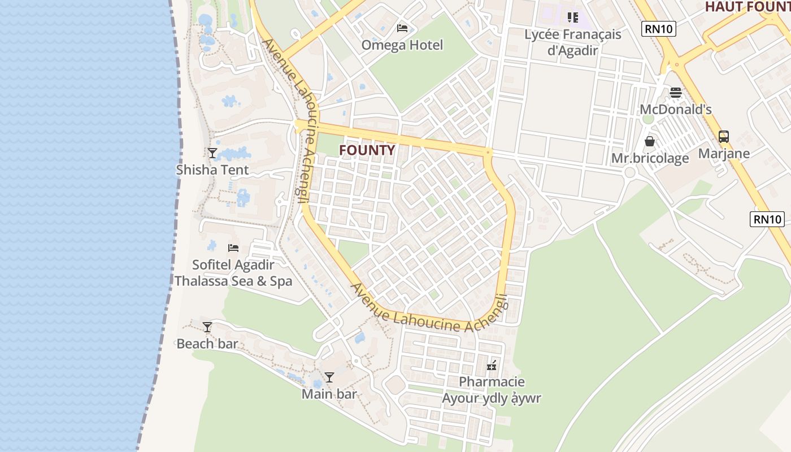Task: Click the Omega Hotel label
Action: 402,45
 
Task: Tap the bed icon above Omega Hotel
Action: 402,28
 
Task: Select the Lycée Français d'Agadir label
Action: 572,42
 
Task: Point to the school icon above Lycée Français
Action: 573,18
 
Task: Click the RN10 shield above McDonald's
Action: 658,28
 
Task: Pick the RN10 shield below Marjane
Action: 767,219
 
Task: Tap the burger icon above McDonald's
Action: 676,92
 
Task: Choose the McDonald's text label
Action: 676,110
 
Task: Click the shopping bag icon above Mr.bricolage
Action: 650,141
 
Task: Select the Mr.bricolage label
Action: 650,158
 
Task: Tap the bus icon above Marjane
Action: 724,136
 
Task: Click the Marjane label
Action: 724,154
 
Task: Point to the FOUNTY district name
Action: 367,150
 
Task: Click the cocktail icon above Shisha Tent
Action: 212,153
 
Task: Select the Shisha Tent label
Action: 212,170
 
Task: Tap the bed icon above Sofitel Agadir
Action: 233,247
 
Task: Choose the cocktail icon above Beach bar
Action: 207,327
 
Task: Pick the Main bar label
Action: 329,394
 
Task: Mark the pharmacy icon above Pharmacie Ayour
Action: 492,365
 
